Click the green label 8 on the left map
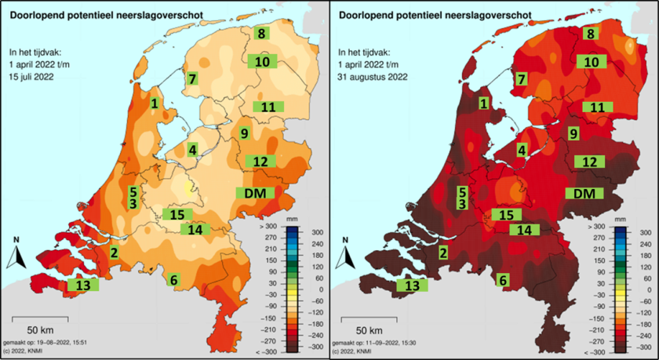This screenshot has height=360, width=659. (261, 33)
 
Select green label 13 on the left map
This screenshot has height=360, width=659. (82, 285)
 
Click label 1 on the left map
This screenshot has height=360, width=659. (155, 103)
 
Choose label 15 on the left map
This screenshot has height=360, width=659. (177, 214)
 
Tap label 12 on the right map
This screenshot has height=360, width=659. (591, 161)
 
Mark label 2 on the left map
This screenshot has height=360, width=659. (114, 252)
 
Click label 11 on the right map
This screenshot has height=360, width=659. (597, 107)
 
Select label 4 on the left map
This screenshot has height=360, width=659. (192, 150)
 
